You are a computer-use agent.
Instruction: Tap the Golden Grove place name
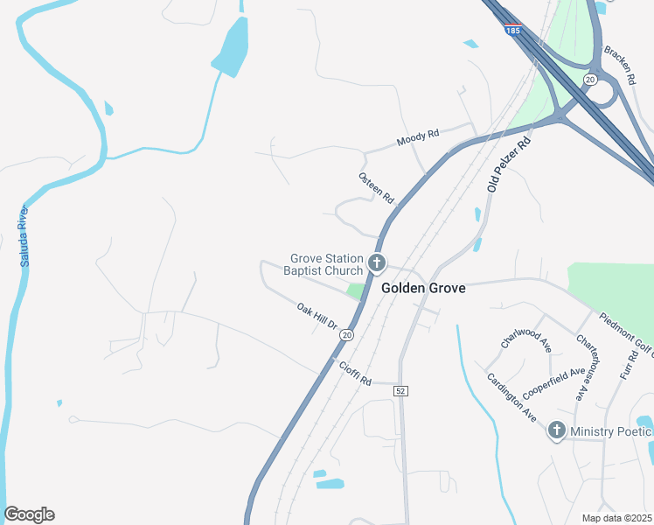click(423, 288)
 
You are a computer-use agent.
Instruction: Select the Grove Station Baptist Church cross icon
click(376, 262)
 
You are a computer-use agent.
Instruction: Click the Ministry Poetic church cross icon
click(556, 430)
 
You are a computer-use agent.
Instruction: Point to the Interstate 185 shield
click(513, 29)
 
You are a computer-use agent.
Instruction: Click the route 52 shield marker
click(400, 389)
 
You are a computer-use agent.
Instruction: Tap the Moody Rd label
click(417, 138)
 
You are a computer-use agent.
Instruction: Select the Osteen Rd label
click(377, 188)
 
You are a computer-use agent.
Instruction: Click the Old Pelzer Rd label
click(509, 165)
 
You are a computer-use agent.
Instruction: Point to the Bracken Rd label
click(623, 64)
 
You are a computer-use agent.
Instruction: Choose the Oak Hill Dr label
click(317, 316)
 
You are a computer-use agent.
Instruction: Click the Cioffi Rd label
click(355, 375)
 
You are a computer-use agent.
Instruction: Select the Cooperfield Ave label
click(553, 383)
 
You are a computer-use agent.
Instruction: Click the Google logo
click(29, 514)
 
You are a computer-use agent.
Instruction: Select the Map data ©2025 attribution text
click(617, 518)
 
